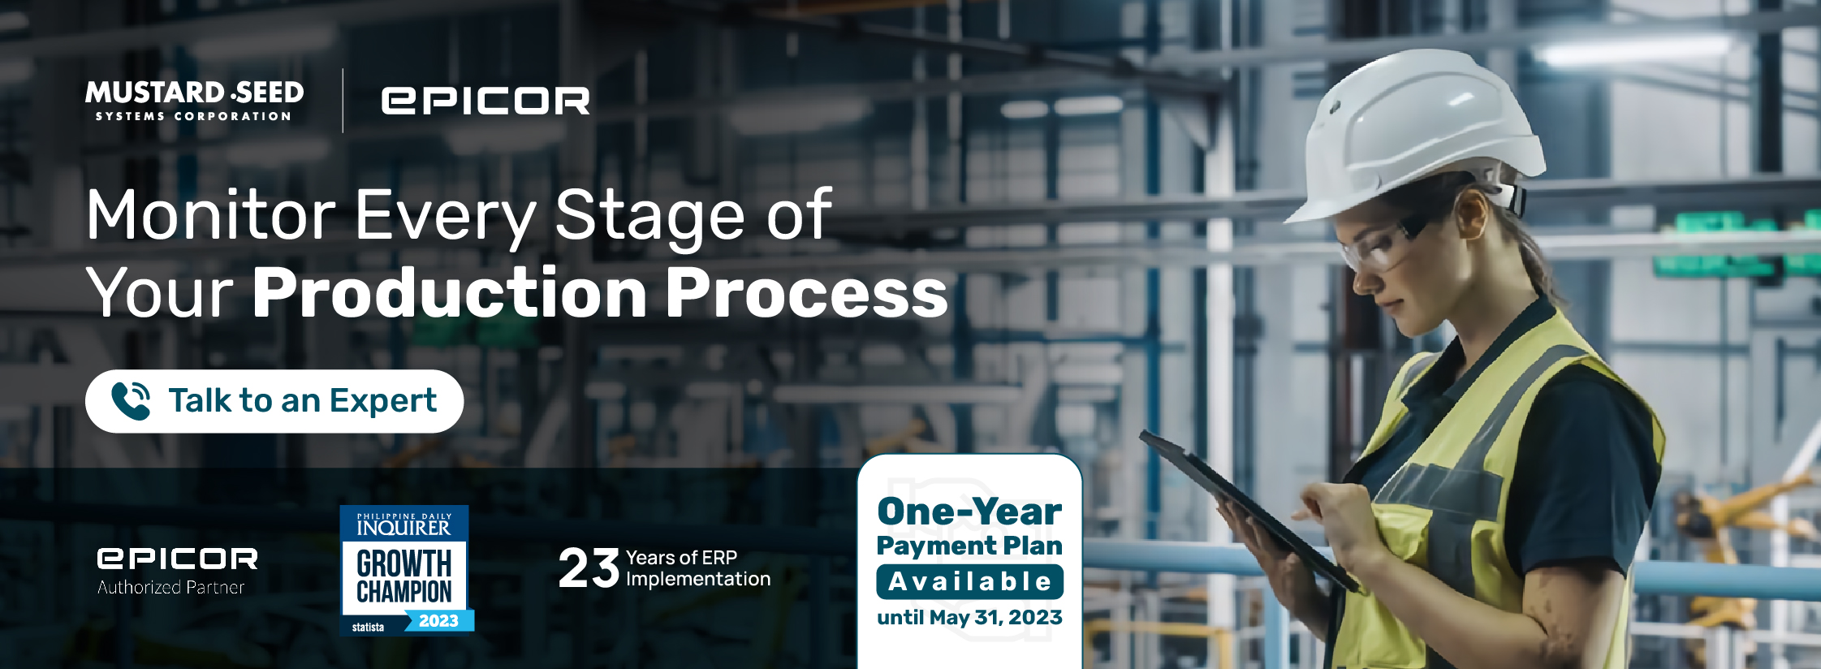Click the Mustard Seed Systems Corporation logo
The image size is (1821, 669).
[x=195, y=101]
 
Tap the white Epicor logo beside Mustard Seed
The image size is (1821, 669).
[x=485, y=101]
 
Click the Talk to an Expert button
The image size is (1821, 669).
[x=274, y=401]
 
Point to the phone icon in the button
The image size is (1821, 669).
[x=131, y=401]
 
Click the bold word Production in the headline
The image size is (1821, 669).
[x=450, y=293]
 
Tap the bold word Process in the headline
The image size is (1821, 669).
[x=807, y=293]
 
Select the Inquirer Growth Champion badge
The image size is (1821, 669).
[x=406, y=569]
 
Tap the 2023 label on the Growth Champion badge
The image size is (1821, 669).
[x=438, y=621]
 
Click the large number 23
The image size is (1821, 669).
[x=589, y=568]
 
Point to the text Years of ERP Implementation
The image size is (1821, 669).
[x=698, y=568]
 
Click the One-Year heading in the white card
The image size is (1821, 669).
[x=969, y=511]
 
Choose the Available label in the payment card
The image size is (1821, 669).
[x=970, y=581]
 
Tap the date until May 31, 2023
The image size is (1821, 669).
[x=970, y=617]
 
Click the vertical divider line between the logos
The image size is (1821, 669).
[x=343, y=101]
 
